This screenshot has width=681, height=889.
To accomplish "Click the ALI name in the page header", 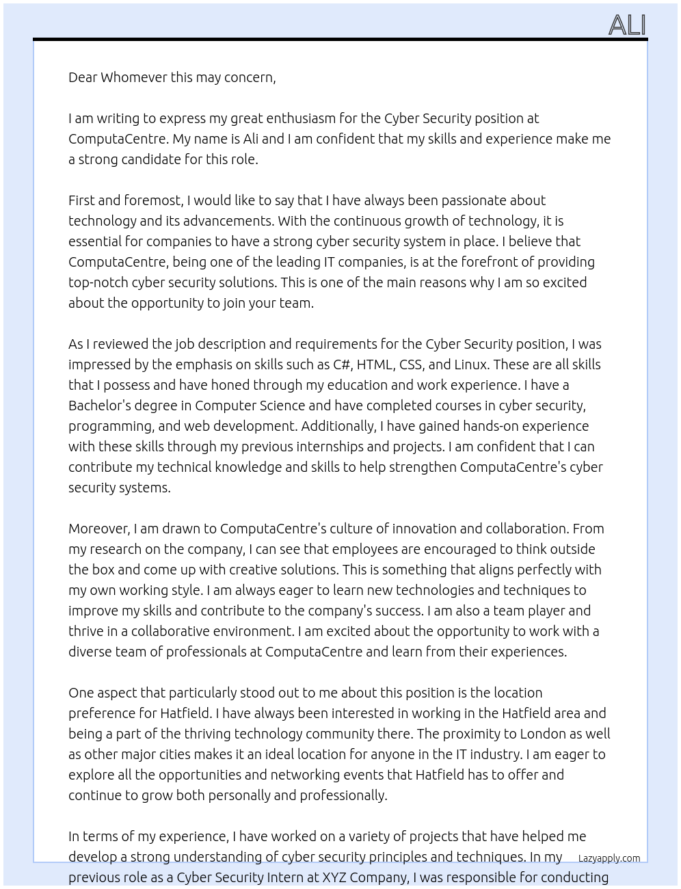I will (x=627, y=25).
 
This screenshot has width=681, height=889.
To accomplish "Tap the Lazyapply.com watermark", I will (x=609, y=858).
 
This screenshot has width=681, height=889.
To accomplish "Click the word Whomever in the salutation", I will (x=134, y=77).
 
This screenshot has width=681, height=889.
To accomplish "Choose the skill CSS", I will (x=412, y=364).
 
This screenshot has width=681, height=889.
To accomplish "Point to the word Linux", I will (x=470, y=364).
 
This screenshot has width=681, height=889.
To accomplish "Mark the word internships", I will (x=331, y=447).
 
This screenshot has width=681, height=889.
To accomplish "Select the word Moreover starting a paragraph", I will (x=98, y=529).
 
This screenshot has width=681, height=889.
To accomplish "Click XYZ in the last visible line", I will (x=334, y=877).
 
